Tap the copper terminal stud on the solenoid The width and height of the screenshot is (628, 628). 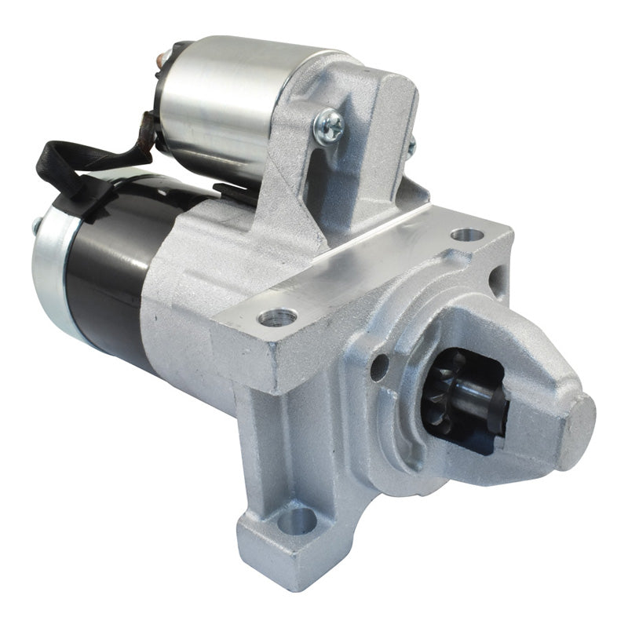pos(166,57)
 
